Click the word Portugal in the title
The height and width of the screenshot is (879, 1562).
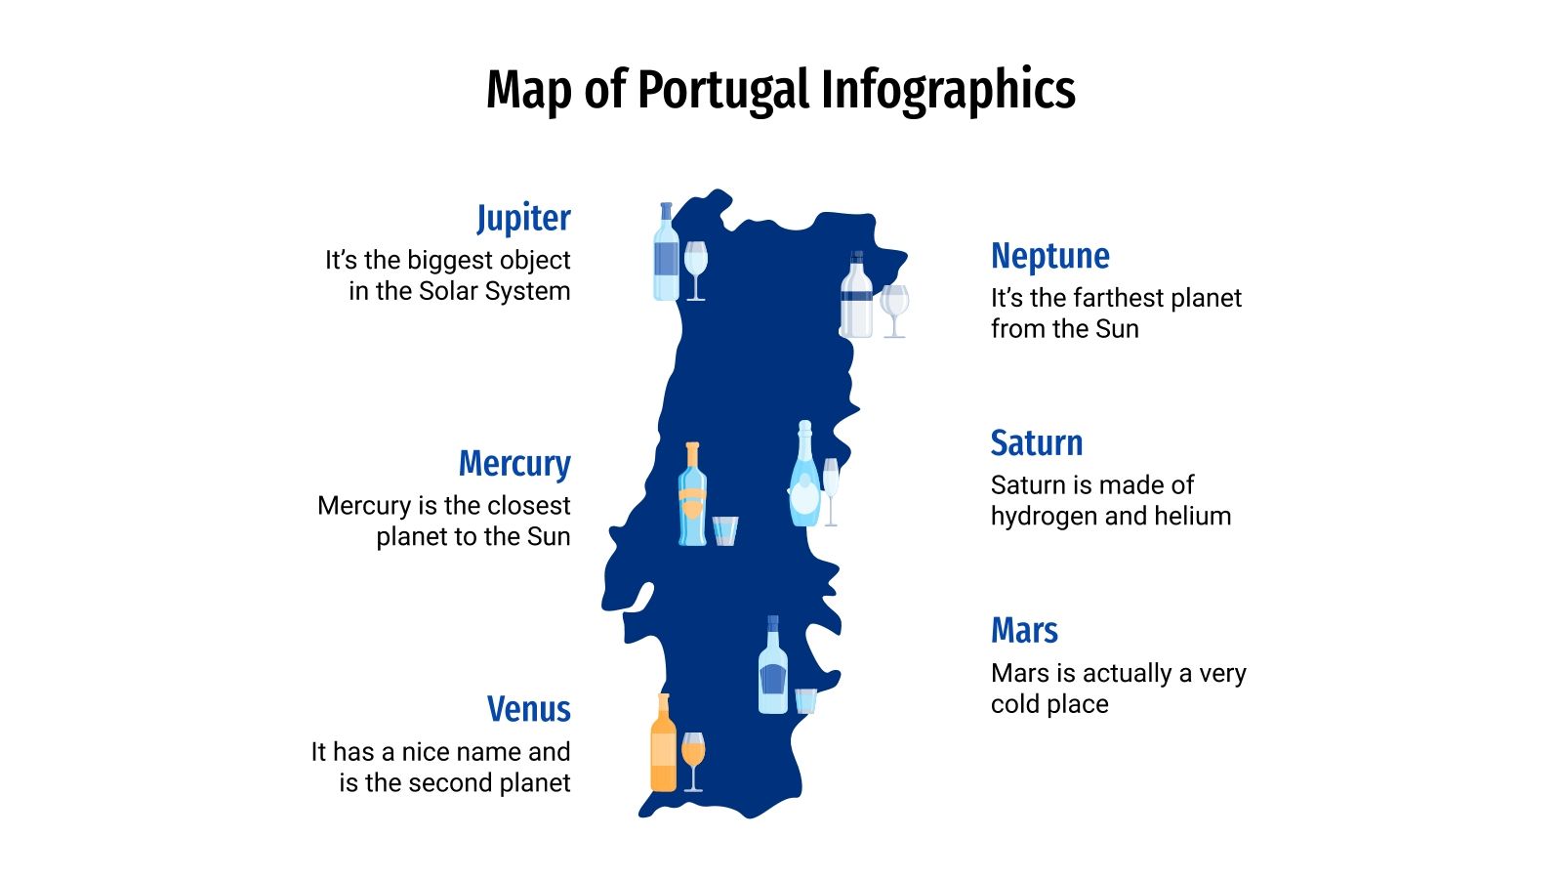pos(724,91)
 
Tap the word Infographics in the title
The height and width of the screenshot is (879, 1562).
pos(947,91)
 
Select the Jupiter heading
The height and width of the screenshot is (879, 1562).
pos(523,218)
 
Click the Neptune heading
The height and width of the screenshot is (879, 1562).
pos(1049,256)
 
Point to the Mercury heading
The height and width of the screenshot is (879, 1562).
pos(514,463)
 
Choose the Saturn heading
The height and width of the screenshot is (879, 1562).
pos(1036,443)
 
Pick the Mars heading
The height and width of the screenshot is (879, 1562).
pos(1024,631)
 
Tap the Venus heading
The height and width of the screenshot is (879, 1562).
pos(528,709)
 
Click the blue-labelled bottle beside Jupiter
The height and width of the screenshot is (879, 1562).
pos(666,254)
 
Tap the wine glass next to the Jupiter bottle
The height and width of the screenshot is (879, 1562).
pos(695,269)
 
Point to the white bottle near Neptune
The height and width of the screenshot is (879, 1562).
pos(856,297)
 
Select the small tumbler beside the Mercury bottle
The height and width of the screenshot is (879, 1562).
pos(725,530)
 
